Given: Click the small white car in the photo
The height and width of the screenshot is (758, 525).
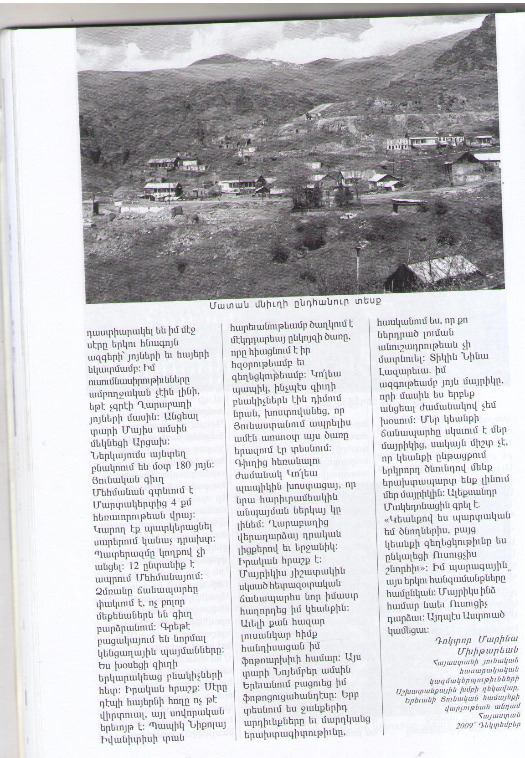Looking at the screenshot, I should click(x=349, y=215).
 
